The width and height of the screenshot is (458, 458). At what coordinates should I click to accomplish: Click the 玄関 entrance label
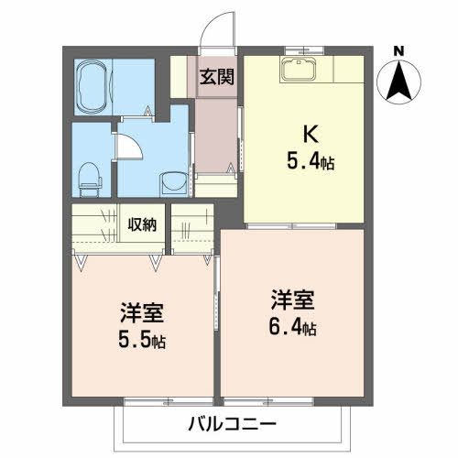[x=216, y=76]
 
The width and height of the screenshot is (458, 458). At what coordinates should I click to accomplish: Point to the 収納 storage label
[x=142, y=224]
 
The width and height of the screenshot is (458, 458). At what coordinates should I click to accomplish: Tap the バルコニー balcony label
[x=232, y=423]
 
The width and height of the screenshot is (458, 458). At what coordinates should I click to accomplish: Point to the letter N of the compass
[x=398, y=50]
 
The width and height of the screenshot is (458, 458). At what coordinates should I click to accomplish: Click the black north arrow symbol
[x=398, y=81]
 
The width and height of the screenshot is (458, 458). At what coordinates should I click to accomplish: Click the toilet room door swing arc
[x=128, y=146]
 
